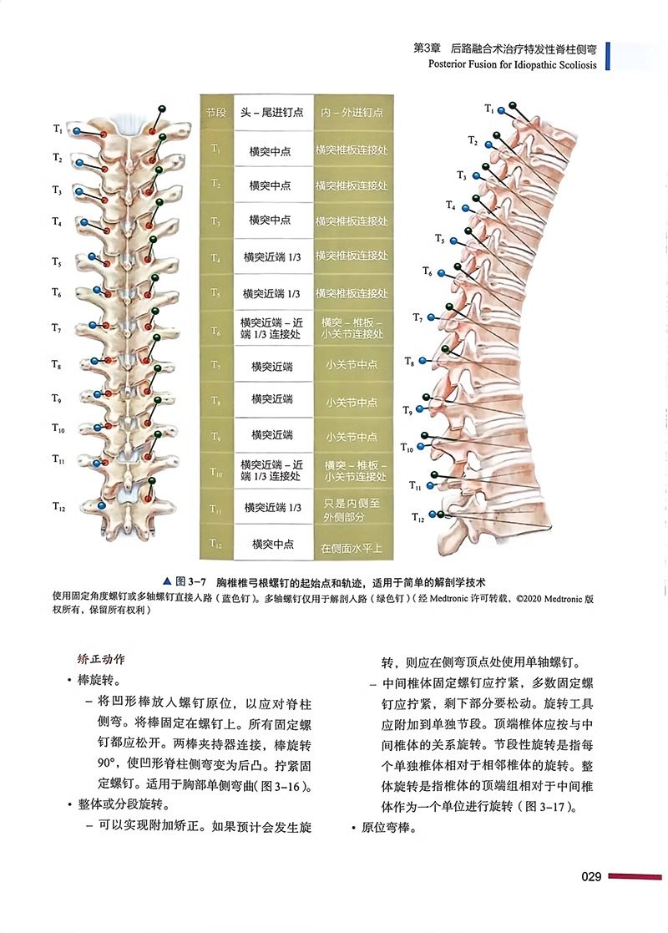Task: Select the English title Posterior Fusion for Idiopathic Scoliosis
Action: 512,65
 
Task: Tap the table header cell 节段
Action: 215,112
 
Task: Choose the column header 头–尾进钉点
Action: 271,112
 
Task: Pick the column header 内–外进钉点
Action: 352,112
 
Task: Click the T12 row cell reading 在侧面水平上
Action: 352,549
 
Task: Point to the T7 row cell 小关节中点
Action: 352,365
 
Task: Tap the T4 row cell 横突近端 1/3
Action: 271,258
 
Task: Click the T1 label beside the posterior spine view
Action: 58,129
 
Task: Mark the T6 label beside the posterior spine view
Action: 58,293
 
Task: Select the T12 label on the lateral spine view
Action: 418,518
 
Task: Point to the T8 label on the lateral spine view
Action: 409,362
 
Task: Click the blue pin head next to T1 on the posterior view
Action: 77,131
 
